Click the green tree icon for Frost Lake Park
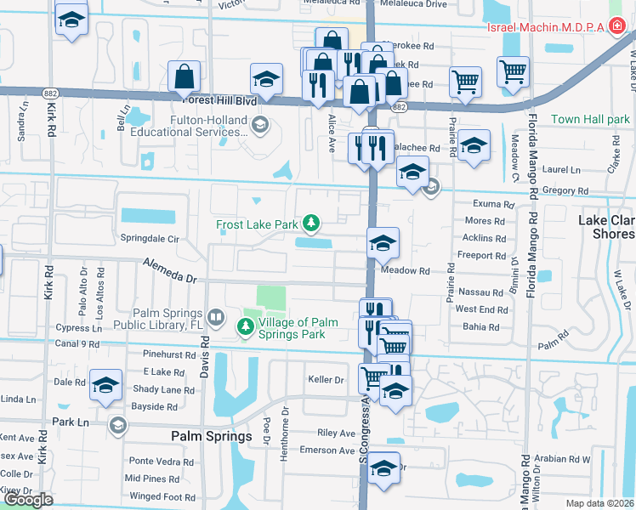[x=312, y=224]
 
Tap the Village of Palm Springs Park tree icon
[x=246, y=326]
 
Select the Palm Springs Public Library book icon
[x=216, y=319]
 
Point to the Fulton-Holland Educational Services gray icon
[x=260, y=126]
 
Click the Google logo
[x=27, y=500]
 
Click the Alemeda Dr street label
[x=169, y=271]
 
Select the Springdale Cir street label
[x=150, y=239]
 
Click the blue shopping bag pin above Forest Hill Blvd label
[x=184, y=76]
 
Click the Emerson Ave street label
[x=327, y=450]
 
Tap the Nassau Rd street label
[x=480, y=292]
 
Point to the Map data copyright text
[x=599, y=502]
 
